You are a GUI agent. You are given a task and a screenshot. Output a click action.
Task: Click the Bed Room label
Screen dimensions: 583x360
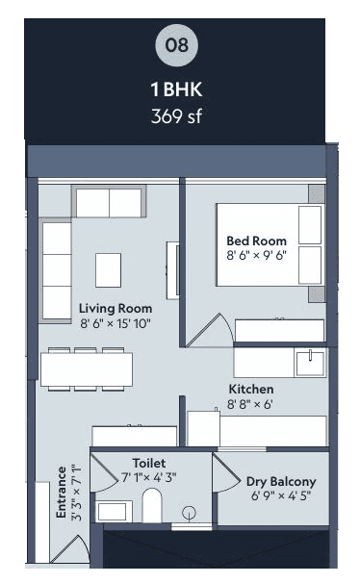[x=256, y=241]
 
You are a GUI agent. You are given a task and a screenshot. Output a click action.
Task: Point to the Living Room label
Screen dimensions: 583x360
[x=116, y=308]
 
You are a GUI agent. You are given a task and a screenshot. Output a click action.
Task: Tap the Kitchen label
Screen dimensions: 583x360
[x=250, y=389]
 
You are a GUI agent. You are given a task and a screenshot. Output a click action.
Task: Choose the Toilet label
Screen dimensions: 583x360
[x=148, y=462]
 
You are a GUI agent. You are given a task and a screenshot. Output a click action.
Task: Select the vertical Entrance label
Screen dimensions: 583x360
[x=62, y=493]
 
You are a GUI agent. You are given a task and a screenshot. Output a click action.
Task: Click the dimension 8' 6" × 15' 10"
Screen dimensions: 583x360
[x=116, y=323]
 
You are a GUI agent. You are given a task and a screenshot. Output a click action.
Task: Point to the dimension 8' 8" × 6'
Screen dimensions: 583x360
[x=250, y=404]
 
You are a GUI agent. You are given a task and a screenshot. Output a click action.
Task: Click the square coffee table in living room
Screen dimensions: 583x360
[x=108, y=268]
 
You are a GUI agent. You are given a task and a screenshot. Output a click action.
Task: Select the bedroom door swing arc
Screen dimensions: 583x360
[x=207, y=331]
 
